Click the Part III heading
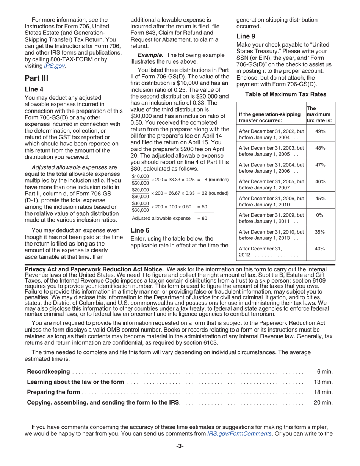[36, 78]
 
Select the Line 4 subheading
[34, 89]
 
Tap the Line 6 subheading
[140, 230]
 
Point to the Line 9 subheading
[246, 36]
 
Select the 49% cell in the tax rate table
[320, 131]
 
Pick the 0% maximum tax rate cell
[320, 215]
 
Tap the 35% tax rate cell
[320, 231]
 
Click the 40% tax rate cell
[320, 249]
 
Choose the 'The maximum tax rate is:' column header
[319, 114]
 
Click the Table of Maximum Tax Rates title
[286, 94]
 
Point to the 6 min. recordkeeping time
[324, 372]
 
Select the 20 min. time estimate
[323, 402]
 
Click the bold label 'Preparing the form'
[53, 392]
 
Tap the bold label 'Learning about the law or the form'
[75, 382]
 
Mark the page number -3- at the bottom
[180, 446]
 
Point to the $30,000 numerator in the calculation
[140, 203]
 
